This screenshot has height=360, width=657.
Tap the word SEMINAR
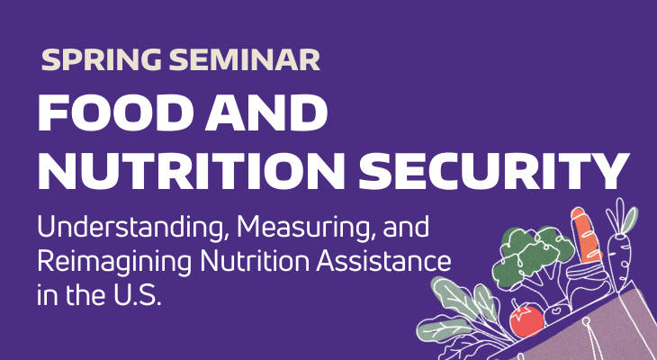click(245, 60)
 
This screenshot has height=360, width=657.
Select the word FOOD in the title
click(113, 115)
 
